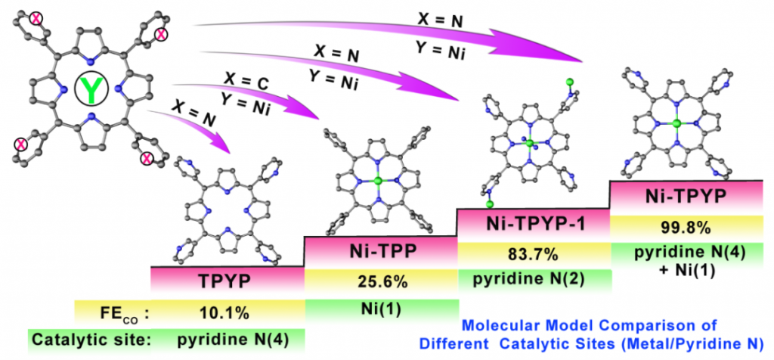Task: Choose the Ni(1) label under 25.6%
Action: click(x=382, y=309)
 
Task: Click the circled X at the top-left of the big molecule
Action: click(x=36, y=19)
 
